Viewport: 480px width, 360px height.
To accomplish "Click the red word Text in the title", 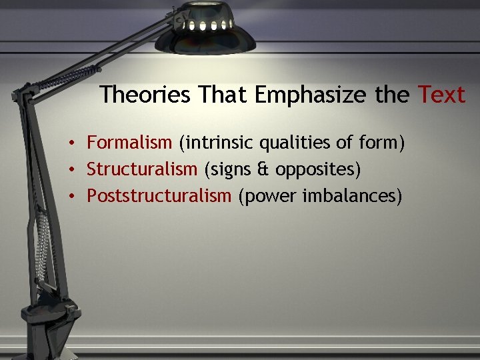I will [x=441, y=95].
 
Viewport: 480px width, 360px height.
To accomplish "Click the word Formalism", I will [x=129, y=143].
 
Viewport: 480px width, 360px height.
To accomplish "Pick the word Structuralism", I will [x=142, y=170].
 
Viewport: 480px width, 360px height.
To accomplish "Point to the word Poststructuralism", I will [x=159, y=197].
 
